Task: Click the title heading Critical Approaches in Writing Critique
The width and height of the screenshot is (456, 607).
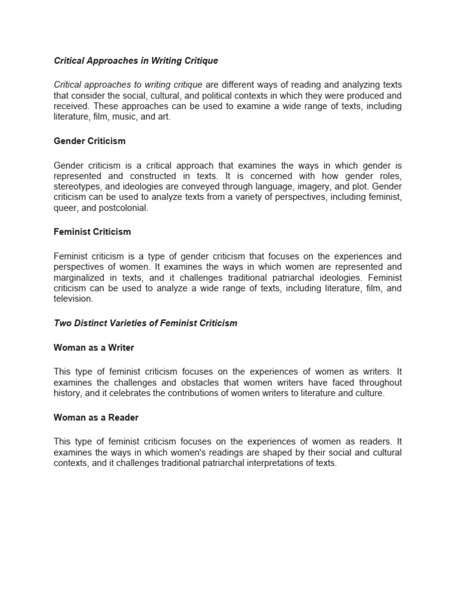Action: [136, 60]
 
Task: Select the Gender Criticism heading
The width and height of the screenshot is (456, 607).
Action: [90, 141]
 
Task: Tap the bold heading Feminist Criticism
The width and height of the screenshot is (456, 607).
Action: [92, 231]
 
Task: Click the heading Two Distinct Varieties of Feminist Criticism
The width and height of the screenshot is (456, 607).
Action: [145, 323]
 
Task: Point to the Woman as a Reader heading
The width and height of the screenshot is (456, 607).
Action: [96, 417]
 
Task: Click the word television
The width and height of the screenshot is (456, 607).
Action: [73, 299]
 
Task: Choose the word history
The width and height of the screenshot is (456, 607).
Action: [68, 394]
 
